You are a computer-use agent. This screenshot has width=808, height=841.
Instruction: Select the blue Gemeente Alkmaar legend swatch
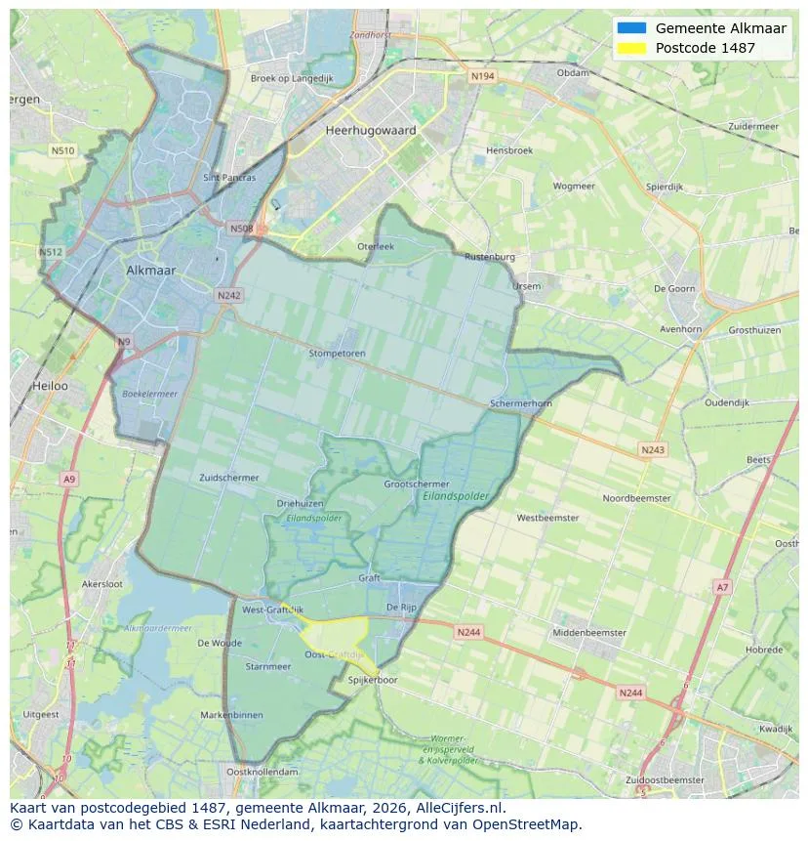tap(631, 28)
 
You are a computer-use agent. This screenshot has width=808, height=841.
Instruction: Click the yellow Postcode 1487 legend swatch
tap(631, 48)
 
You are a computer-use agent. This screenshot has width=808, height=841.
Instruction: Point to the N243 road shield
tap(653, 449)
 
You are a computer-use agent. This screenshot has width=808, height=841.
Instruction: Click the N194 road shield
tap(482, 76)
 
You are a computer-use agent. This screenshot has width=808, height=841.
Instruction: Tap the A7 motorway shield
tap(721, 587)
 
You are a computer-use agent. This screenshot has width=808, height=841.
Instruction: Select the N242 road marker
tap(229, 295)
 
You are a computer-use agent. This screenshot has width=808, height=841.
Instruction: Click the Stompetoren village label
tap(337, 354)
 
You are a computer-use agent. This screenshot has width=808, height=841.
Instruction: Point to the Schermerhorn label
tap(521, 403)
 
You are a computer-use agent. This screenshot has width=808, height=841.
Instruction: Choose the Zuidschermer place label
tap(229, 478)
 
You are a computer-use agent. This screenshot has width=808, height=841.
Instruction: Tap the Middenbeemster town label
tap(589, 633)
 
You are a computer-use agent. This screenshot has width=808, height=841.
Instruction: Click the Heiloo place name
tap(51, 386)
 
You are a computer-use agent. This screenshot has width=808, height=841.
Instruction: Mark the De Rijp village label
tap(401, 608)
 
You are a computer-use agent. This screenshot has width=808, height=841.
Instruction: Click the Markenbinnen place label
tap(231, 715)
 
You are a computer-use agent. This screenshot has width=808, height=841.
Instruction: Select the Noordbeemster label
tap(636, 498)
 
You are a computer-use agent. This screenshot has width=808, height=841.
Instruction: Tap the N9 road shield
tap(123, 342)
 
